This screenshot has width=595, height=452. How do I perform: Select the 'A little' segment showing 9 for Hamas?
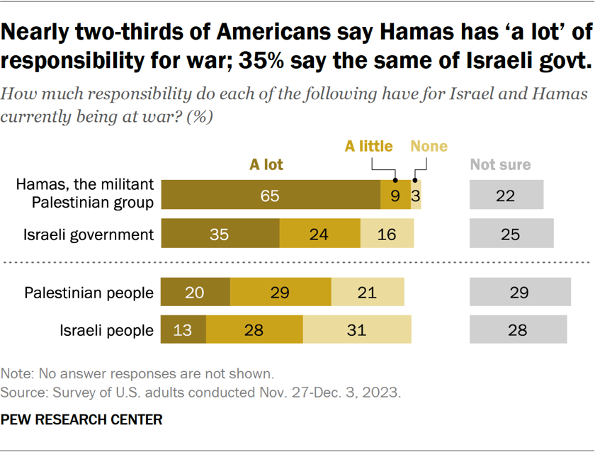(395, 196)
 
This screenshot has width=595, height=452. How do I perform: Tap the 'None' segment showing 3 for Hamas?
(416, 196)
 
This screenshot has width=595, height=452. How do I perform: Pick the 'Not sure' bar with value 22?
(506, 196)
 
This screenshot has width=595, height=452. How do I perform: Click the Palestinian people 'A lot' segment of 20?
(195, 292)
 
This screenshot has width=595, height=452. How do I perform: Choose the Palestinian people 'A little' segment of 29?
(280, 292)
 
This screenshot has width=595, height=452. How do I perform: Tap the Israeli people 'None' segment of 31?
(357, 329)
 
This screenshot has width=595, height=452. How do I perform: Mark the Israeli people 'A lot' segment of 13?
(183, 329)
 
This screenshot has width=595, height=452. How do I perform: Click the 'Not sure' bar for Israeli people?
(518, 329)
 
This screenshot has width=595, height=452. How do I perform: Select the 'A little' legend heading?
(368, 147)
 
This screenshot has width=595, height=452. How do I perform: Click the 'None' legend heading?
(429, 147)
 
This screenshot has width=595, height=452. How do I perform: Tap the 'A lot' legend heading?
(266, 165)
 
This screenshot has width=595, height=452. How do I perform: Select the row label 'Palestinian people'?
(89, 293)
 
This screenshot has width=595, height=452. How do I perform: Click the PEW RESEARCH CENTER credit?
(82, 419)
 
